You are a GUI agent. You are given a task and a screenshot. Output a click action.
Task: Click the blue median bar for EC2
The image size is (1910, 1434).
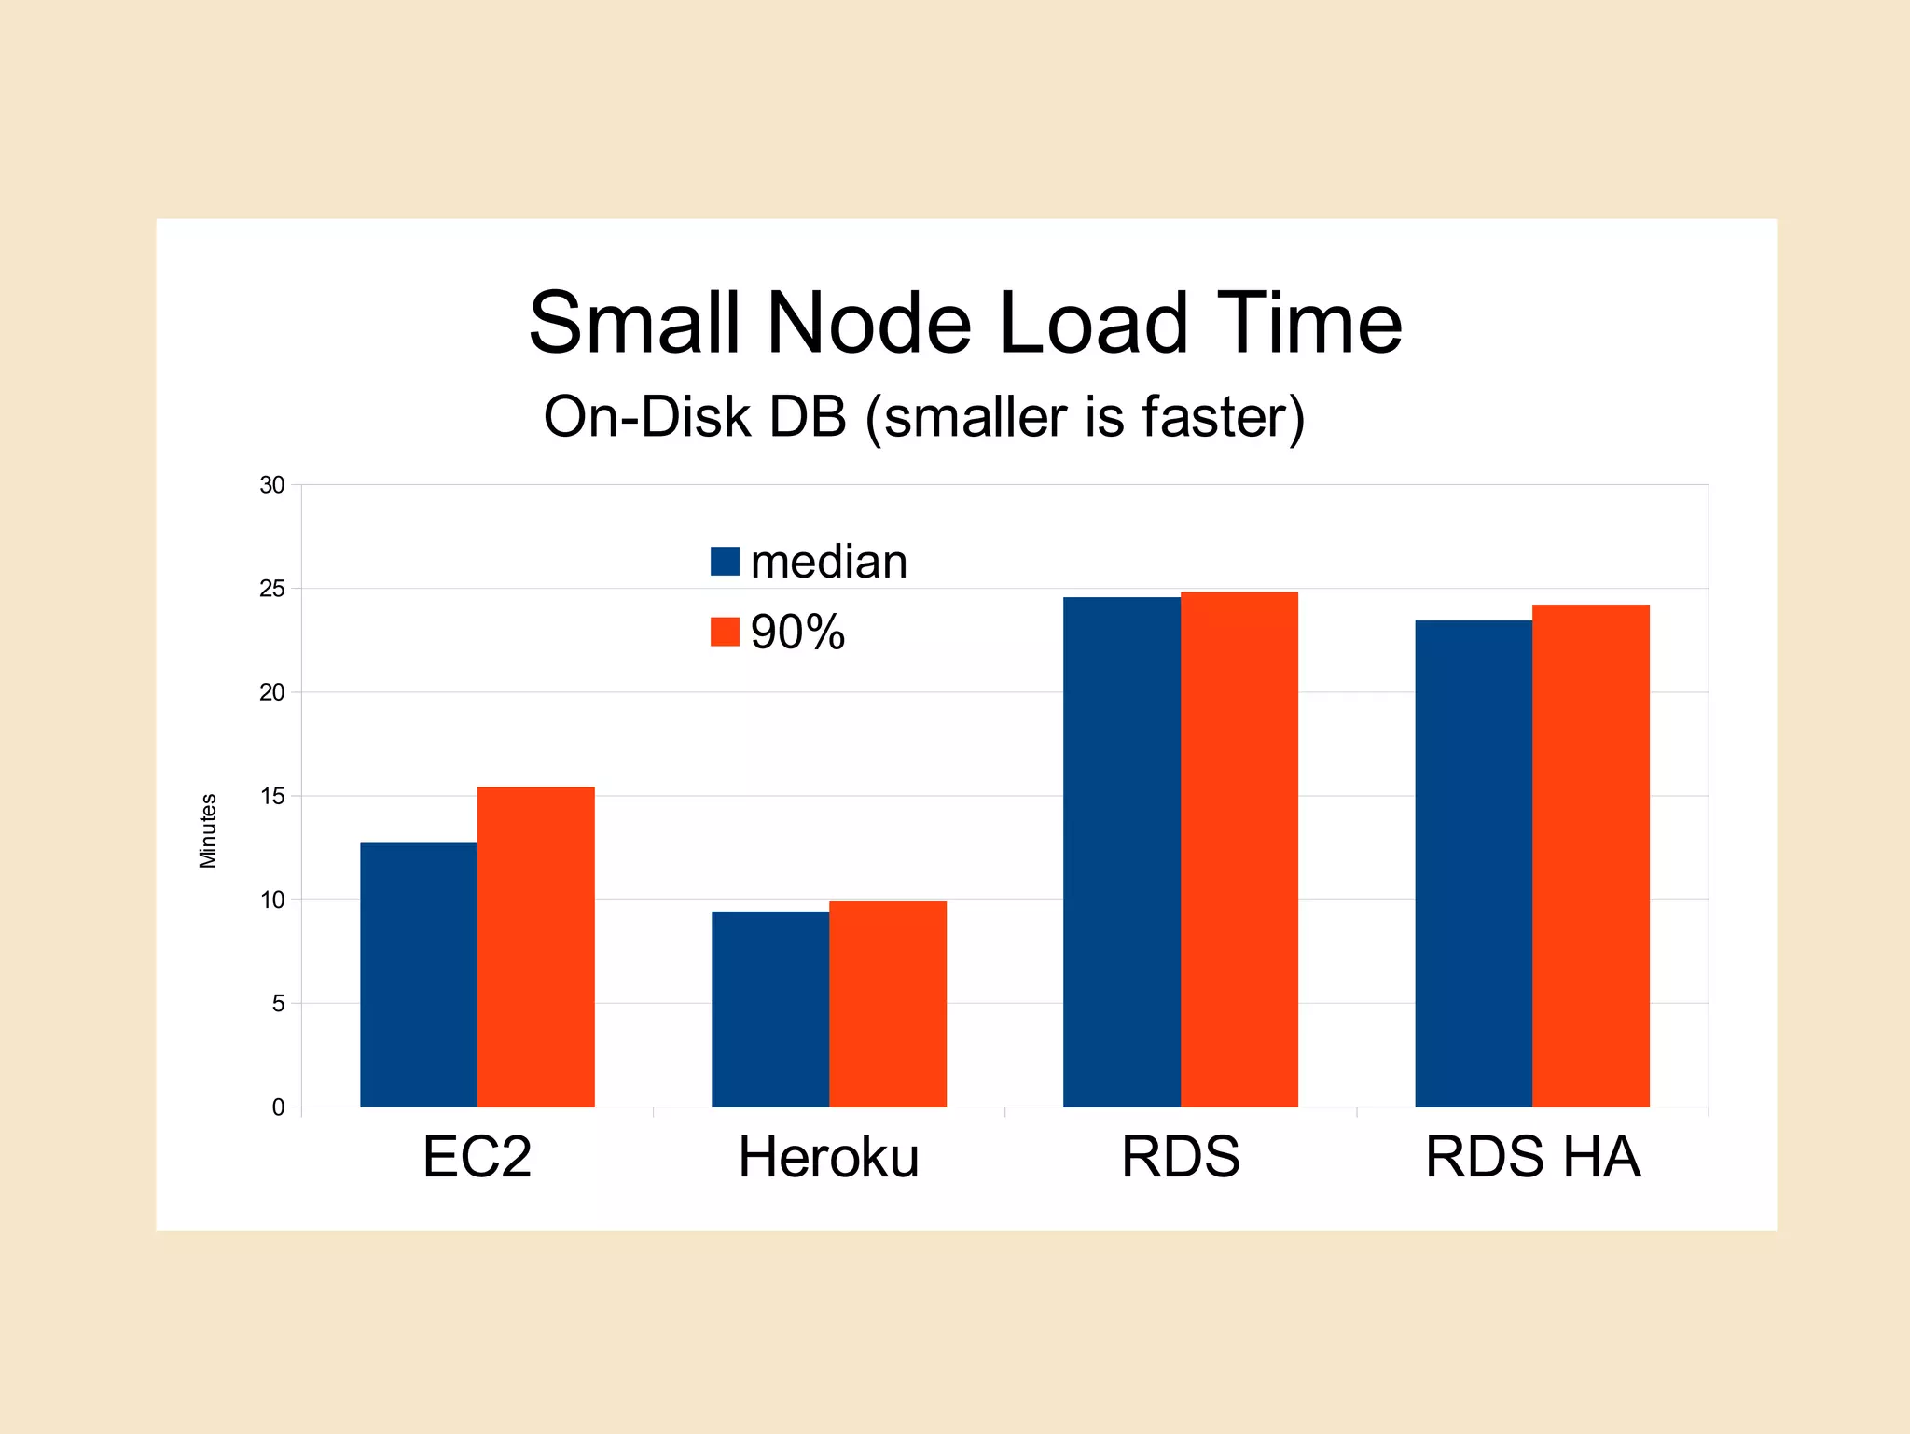point(419,975)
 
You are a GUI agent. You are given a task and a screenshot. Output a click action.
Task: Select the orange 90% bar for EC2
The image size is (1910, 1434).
point(536,947)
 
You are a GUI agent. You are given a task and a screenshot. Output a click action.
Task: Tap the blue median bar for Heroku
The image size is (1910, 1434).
point(770,1009)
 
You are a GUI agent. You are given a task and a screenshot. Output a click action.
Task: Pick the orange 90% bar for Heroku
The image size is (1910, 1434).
point(888,1004)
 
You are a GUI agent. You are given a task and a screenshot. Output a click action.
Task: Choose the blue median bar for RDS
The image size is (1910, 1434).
point(1122,852)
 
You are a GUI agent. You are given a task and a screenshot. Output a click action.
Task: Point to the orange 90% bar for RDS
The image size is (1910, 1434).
point(1239,849)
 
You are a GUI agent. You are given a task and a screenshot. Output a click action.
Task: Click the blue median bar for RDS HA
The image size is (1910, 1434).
point(1474,864)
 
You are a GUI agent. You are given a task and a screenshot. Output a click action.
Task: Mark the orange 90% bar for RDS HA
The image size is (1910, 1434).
point(1591,856)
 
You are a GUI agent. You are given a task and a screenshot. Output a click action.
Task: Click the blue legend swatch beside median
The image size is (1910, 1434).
point(725,562)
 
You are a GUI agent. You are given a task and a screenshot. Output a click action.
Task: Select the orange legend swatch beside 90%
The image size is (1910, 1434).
point(725,632)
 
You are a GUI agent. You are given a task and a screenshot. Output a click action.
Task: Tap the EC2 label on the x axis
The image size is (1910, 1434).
point(477,1157)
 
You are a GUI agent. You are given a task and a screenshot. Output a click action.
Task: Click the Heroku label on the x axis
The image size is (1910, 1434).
point(828,1157)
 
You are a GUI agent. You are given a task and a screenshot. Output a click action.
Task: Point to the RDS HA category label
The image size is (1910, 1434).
point(1532,1157)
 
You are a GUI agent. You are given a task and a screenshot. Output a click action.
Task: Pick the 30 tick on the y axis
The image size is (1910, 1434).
point(272,485)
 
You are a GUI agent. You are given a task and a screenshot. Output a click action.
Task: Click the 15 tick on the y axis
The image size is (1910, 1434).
point(272,796)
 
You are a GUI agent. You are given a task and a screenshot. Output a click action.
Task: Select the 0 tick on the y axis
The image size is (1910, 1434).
point(278,1107)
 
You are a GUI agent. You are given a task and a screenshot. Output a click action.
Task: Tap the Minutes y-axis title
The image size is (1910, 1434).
point(208,830)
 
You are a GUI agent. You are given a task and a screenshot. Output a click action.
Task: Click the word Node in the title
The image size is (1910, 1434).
point(869,323)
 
